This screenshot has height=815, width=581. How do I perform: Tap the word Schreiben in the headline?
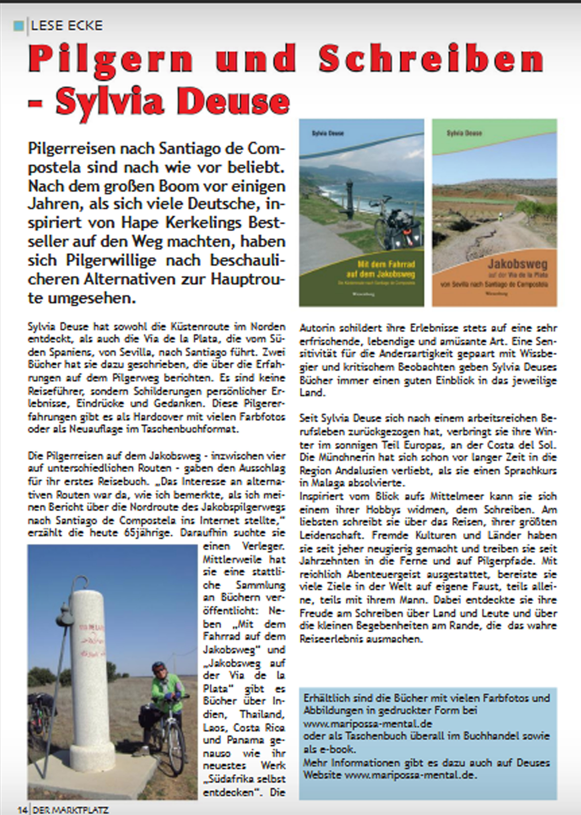click(431, 59)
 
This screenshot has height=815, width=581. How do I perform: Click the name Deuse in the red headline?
click(236, 102)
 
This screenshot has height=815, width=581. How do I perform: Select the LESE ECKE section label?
click(67, 25)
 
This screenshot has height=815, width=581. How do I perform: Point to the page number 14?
click(22, 810)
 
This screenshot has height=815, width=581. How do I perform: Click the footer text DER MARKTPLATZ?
click(71, 810)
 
